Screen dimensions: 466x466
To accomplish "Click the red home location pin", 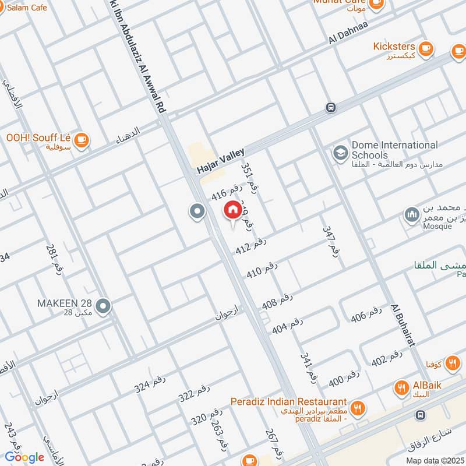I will [x=232, y=210].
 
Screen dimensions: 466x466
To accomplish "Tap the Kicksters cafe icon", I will [x=426, y=47].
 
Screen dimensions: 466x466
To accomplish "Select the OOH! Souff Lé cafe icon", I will [x=80, y=139].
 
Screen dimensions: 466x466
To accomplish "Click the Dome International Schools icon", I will [x=339, y=153].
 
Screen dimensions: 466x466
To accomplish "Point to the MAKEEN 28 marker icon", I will [x=103, y=305].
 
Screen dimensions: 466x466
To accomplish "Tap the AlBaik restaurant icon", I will [x=401, y=387].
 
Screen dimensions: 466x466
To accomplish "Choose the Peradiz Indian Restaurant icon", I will [x=358, y=408].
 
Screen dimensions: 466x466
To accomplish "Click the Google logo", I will [x=24, y=457].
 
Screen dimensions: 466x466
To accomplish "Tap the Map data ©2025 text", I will [x=435, y=460].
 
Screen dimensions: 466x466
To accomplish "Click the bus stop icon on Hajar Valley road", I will [x=331, y=108].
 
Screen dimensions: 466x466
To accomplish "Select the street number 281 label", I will [x=54, y=259].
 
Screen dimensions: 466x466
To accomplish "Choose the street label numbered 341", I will [x=309, y=367].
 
